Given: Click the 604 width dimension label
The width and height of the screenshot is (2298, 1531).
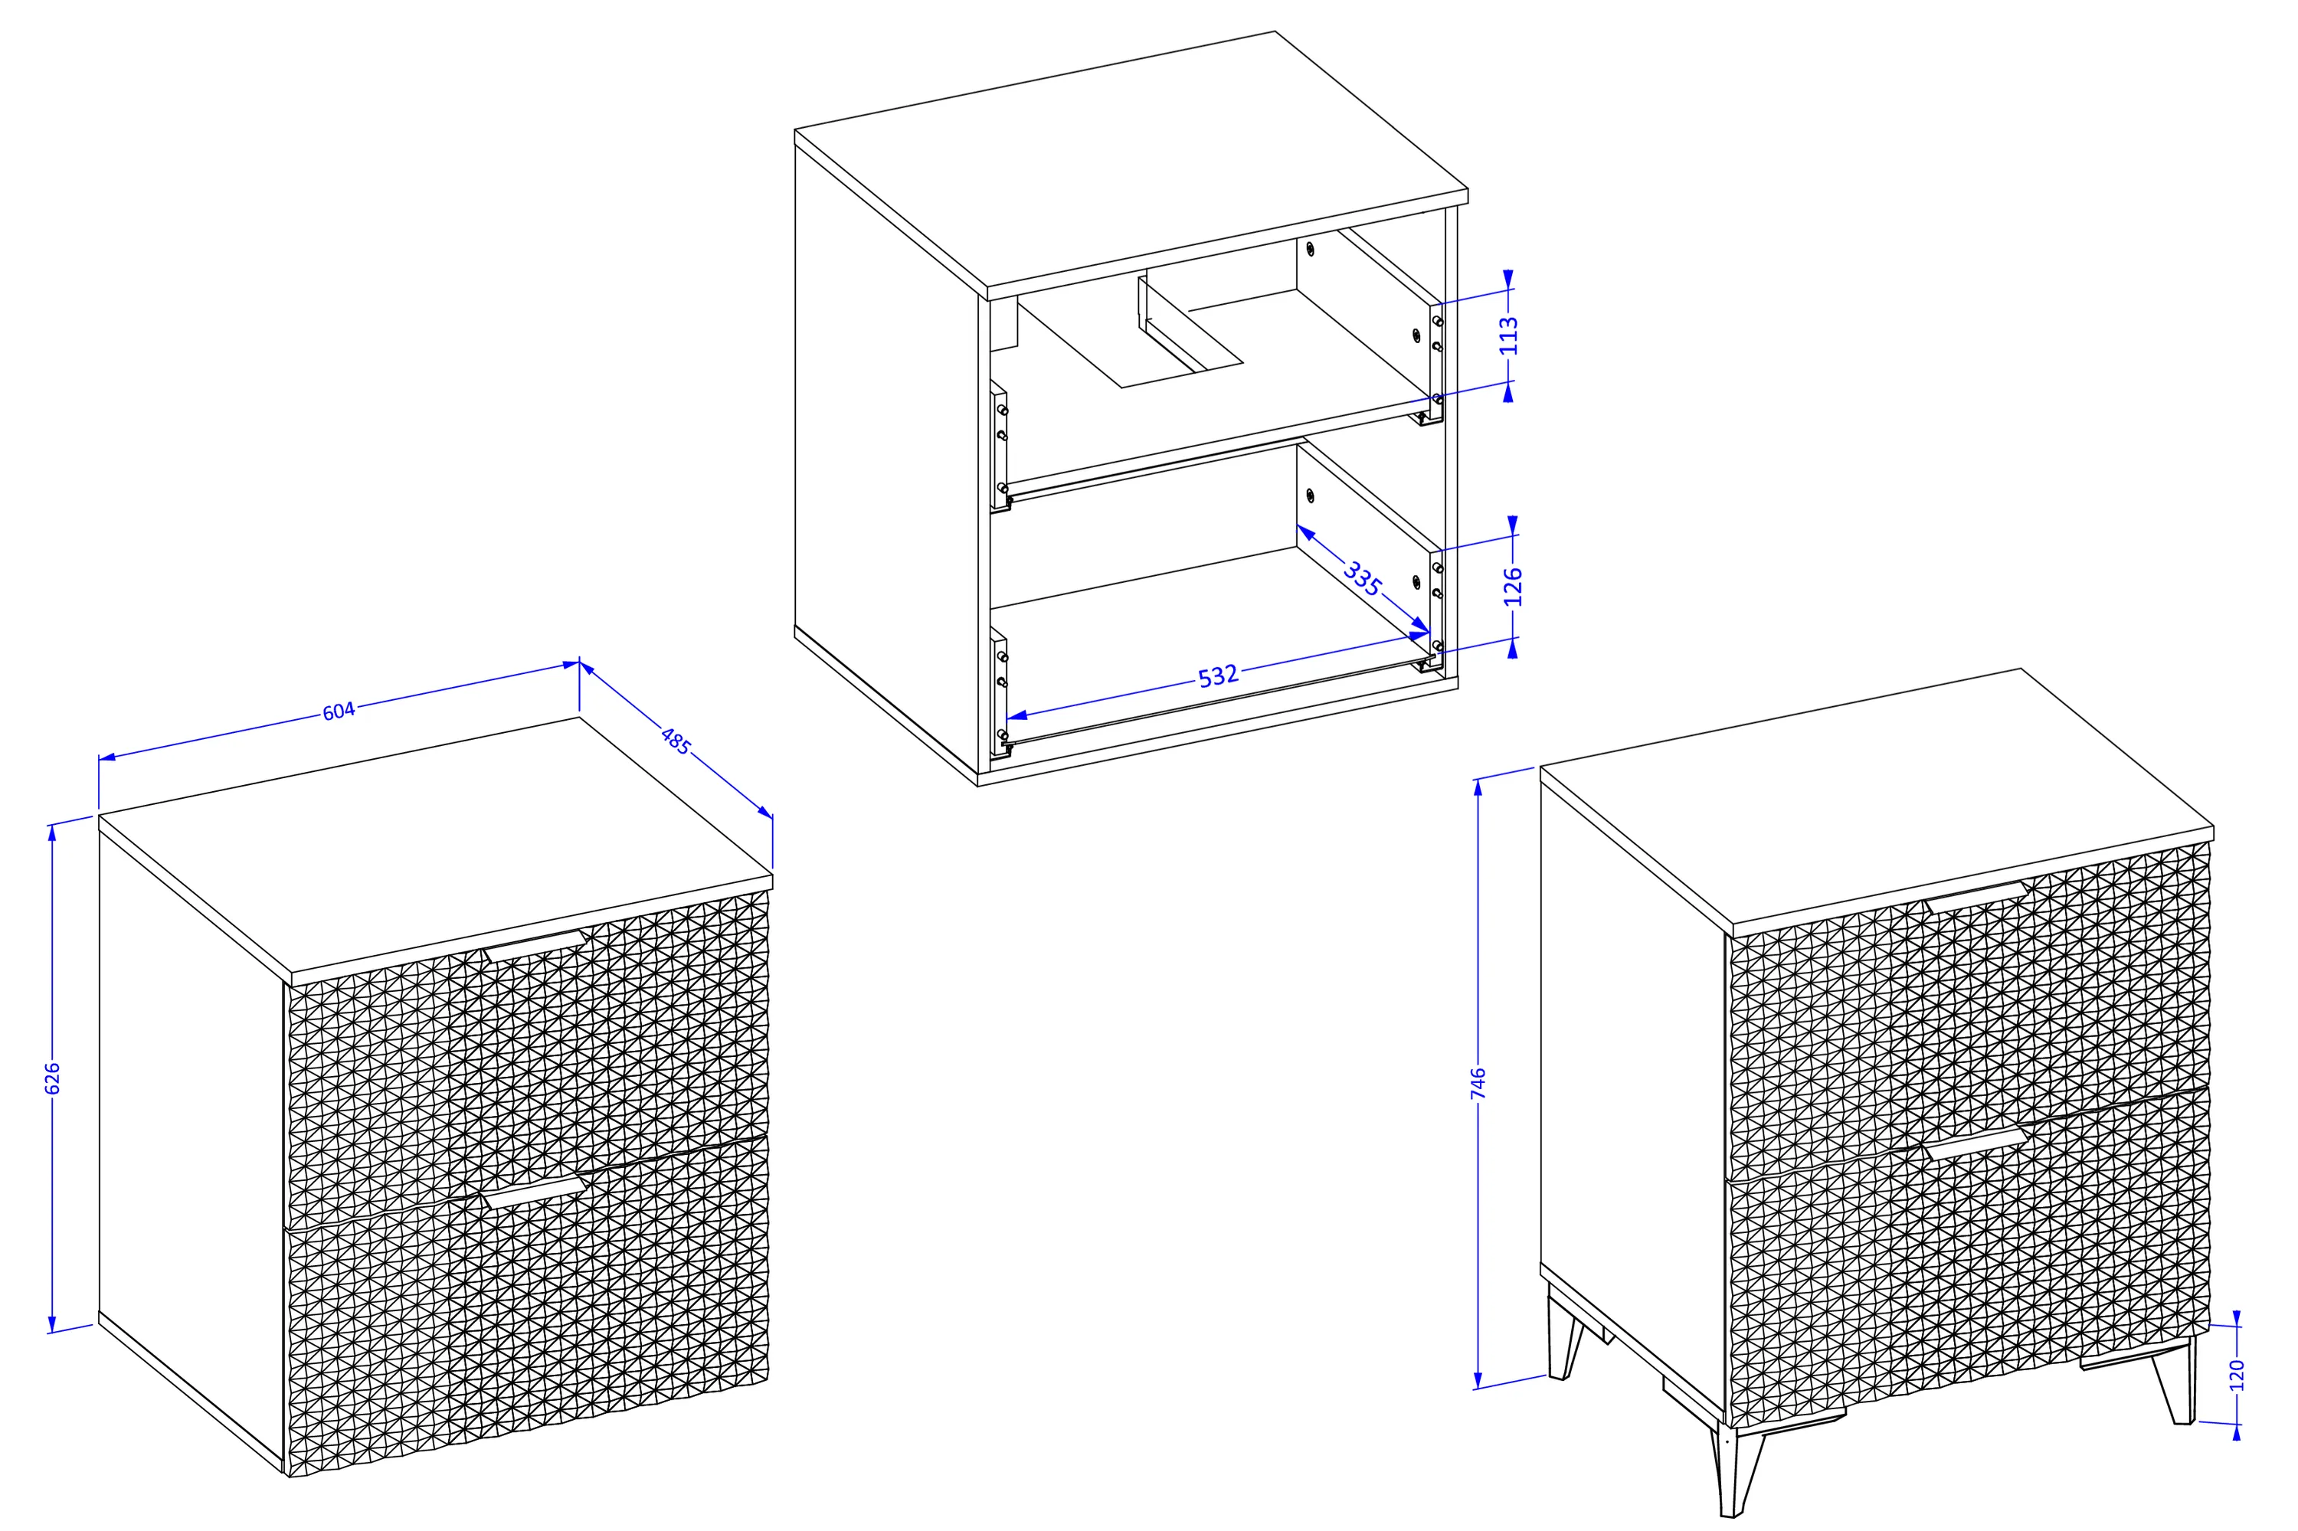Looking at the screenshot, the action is click(x=338, y=711).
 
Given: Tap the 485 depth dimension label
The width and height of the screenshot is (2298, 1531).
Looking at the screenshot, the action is click(x=675, y=741).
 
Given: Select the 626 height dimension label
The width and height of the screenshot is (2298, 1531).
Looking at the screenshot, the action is click(x=54, y=1077).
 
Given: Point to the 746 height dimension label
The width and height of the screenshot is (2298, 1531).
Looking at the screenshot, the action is click(x=1478, y=1084).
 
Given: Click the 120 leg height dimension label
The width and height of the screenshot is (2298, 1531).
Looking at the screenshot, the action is click(x=2237, y=1375).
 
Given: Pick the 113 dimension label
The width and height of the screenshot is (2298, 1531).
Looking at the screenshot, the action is click(x=1509, y=335).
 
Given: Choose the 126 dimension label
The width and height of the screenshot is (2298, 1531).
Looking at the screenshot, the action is click(x=1513, y=587).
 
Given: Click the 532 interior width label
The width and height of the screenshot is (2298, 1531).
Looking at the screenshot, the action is click(x=1218, y=676).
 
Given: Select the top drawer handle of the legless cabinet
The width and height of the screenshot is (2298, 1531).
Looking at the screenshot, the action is click(x=534, y=946).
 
